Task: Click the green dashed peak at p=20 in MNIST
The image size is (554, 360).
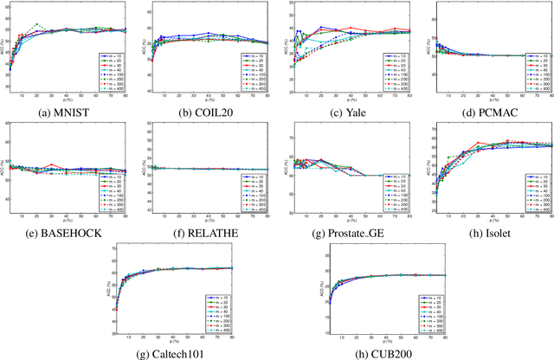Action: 35,24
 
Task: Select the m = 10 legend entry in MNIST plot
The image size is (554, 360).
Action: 114,55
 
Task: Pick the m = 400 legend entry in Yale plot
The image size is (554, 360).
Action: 393,89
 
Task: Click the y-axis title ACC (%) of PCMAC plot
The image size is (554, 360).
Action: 423,49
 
